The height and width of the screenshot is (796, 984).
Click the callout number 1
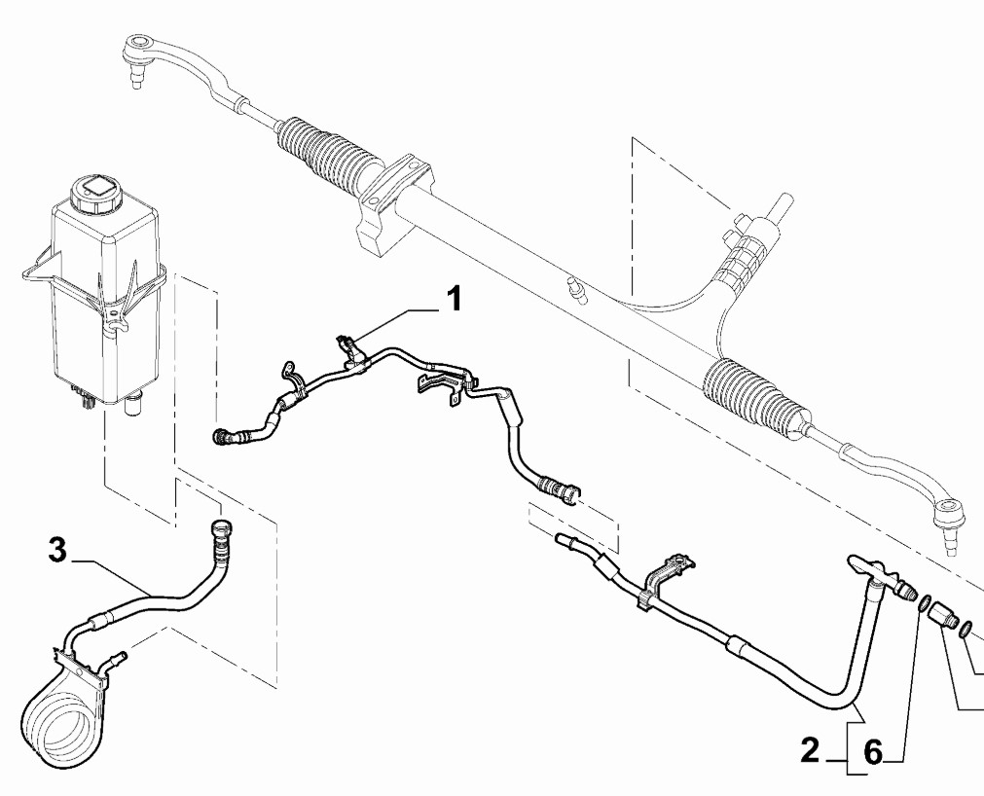pyautogui.click(x=453, y=299)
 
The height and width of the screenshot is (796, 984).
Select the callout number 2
pyautogui.click(x=810, y=750)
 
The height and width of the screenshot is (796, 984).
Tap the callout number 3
pyautogui.click(x=57, y=551)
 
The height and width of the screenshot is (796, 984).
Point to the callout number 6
pyautogui.click(x=874, y=751)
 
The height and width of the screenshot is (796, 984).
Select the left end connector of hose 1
pyautogui.click(x=222, y=436)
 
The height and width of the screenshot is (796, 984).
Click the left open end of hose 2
pyautogui.click(x=564, y=537)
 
